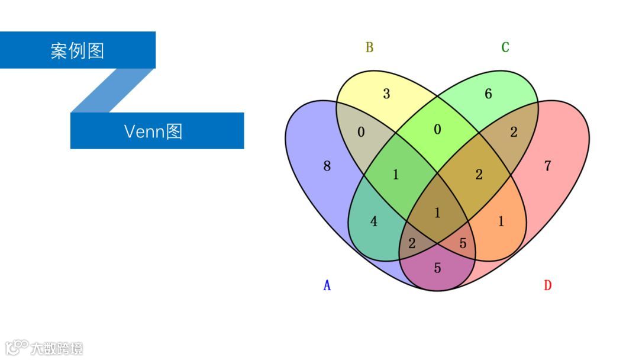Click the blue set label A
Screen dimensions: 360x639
[327, 285]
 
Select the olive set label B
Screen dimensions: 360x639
[369, 47]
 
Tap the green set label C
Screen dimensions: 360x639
[505, 47]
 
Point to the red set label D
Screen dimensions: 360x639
[547, 285]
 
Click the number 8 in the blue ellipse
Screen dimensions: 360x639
[327, 166]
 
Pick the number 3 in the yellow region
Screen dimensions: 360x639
[386, 94]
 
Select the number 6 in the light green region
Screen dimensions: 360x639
[488, 94]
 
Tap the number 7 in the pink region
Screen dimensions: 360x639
[547, 166]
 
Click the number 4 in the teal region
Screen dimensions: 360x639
[373, 221]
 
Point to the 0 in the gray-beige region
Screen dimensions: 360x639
[361, 132]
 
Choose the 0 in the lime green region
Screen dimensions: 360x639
[437, 130]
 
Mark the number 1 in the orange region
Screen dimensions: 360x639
[501, 221]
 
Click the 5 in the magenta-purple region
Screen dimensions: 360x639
[437, 268]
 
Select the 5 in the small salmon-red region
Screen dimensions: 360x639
[463, 243]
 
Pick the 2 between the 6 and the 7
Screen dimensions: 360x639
[514, 132]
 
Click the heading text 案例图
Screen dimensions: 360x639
[78, 51]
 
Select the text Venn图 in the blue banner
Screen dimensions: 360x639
[153, 131]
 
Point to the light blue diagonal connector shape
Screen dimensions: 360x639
[112, 90]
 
